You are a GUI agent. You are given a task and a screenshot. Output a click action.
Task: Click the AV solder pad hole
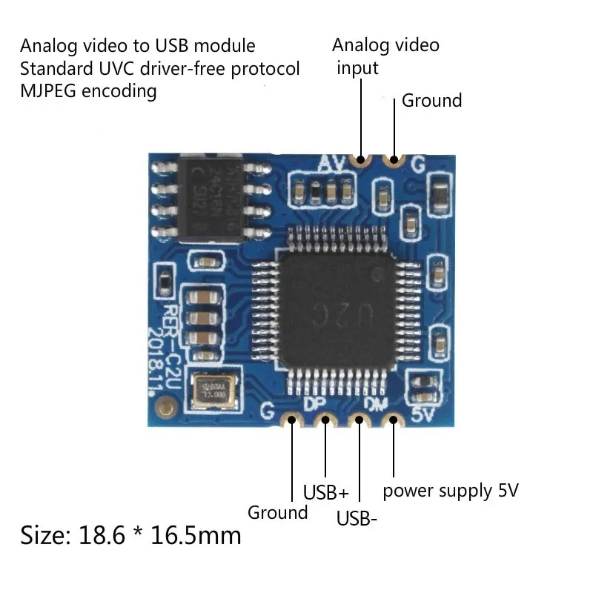[361, 159]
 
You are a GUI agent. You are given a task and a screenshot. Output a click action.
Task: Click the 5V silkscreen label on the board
[421, 414]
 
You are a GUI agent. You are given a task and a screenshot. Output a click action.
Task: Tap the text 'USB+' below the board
[325, 492]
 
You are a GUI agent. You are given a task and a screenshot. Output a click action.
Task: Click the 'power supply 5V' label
[450, 490]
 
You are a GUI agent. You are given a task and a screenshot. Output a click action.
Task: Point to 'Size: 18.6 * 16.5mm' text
[130, 534]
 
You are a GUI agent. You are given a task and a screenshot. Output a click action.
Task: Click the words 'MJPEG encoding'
[88, 91]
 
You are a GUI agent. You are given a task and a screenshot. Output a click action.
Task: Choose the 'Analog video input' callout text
[385, 56]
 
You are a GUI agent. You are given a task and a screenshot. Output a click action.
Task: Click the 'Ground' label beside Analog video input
[431, 101]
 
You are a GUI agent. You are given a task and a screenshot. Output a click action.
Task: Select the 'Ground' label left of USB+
[277, 512]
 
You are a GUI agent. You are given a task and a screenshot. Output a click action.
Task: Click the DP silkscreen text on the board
[314, 405]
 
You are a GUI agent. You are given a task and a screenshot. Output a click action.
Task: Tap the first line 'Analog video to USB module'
[137, 46]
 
